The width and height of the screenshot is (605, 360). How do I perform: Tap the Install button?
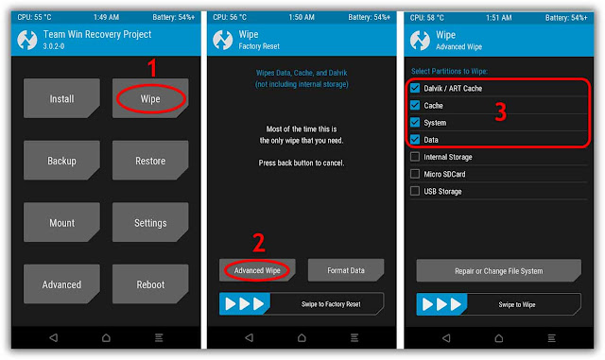[61, 98]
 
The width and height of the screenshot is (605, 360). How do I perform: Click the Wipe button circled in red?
[149, 98]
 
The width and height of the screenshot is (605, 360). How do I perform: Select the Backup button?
[61, 161]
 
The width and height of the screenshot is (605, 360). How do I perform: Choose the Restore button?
[149, 161]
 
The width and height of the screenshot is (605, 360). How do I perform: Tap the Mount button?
[61, 223]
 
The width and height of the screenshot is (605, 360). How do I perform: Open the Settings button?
[149, 223]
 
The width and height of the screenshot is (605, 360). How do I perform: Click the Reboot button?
[149, 284]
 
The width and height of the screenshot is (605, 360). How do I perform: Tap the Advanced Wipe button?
[258, 270]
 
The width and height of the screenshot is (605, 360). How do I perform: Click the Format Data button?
[346, 270]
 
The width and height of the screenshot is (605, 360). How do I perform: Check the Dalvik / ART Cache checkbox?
[416, 88]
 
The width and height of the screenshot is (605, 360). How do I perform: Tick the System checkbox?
[416, 123]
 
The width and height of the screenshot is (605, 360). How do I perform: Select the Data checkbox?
[416, 140]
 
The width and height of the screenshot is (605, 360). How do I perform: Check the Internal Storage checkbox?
[416, 157]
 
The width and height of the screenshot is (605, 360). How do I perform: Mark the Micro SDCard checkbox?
[416, 174]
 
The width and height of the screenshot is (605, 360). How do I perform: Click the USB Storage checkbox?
[416, 191]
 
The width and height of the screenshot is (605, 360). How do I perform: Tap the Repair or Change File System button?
[498, 271]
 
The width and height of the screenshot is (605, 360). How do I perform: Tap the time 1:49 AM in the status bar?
[106, 17]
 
